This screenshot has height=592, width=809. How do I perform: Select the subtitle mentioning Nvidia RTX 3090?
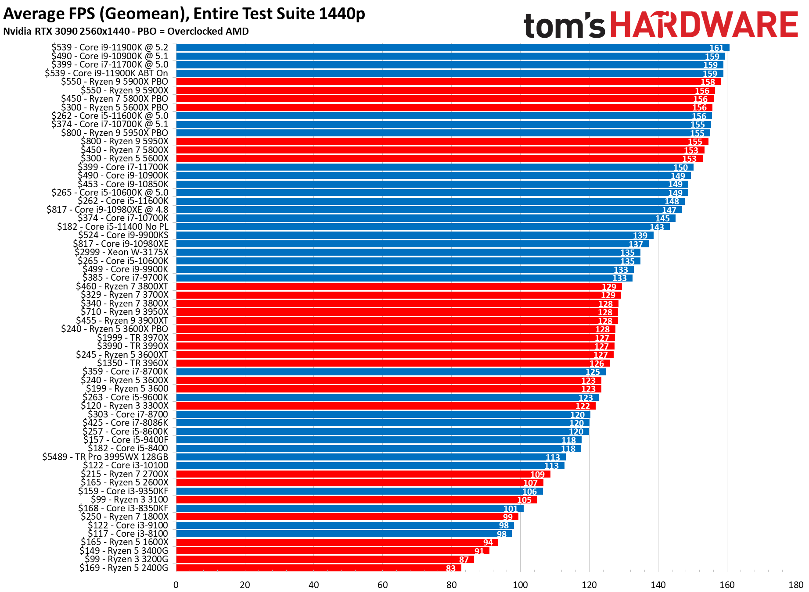click(126, 32)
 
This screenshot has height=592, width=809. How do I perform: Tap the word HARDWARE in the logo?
click(704, 25)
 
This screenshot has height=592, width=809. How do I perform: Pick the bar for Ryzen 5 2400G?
click(318, 568)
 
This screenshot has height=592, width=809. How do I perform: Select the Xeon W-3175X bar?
click(408, 253)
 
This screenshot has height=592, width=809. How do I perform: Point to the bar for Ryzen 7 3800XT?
click(399, 287)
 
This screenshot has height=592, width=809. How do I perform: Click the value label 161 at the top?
click(716, 48)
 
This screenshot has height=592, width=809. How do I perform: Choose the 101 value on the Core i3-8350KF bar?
click(511, 509)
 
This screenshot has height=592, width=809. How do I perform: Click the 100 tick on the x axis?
click(520, 585)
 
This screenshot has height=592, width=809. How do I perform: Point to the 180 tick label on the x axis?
click(796, 585)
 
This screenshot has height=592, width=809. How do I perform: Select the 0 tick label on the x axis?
click(176, 585)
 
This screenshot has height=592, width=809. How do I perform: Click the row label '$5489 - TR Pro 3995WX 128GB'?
click(105, 457)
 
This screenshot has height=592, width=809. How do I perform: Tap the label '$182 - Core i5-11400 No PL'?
click(113, 227)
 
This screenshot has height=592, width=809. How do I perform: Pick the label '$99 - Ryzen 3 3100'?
click(129, 499)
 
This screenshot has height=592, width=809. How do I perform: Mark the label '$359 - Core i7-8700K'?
click(126, 372)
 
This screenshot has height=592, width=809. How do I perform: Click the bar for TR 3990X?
click(395, 346)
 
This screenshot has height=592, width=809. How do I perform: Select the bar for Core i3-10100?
click(370, 466)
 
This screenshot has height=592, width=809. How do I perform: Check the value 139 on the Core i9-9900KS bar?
click(640, 236)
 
